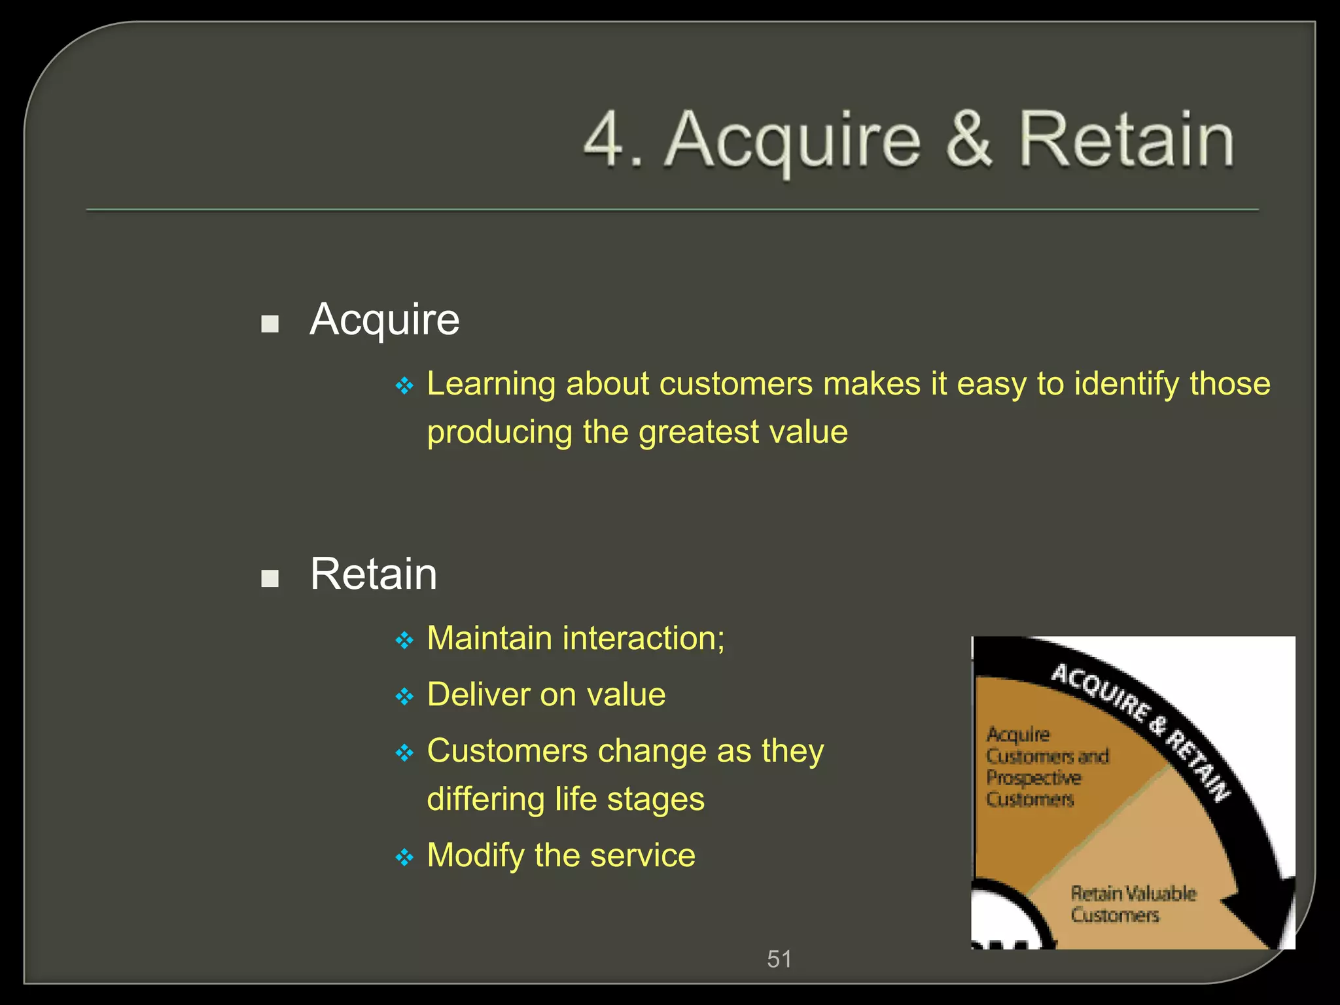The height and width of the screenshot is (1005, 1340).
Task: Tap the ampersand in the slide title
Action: [969, 139]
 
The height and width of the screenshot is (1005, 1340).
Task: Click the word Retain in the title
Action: [1126, 139]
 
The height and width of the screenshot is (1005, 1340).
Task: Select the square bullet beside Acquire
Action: [270, 324]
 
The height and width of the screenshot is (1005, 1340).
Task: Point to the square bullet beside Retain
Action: [270, 578]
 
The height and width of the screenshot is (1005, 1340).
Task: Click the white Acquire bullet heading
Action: [385, 320]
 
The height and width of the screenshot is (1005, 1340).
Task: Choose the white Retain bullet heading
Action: [374, 574]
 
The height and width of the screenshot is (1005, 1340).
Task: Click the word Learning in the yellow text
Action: [491, 385]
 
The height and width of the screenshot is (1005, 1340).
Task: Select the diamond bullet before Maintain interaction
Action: [404, 640]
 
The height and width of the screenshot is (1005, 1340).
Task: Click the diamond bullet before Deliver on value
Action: [404, 696]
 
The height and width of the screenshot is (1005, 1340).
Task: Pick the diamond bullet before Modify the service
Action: [404, 857]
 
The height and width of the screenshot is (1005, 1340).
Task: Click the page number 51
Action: [779, 959]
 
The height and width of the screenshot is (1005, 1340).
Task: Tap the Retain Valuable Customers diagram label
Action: [1132, 904]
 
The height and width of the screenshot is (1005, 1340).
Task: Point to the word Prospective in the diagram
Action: [1034, 778]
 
